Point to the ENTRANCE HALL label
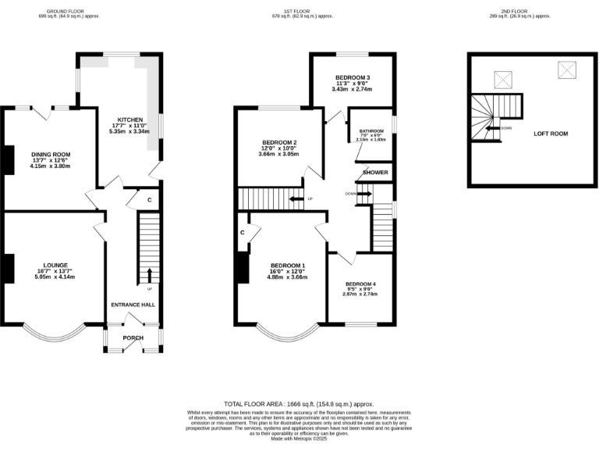point(133,305)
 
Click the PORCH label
point(133,338)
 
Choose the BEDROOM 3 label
point(353,78)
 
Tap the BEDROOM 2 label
point(278,142)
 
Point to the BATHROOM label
point(371,131)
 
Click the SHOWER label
point(375,173)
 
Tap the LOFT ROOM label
point(551,134)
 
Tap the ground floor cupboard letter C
point(149,199)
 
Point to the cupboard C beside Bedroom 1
point(243,233)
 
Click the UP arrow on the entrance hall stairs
point(148,274)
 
